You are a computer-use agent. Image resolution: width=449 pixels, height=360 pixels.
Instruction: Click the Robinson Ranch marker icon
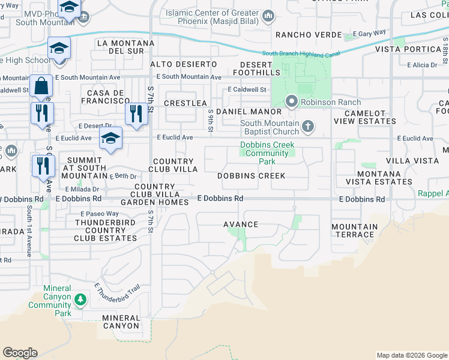click(x=292, y=101)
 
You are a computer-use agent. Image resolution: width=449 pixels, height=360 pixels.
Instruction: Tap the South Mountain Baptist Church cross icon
click(x=308, y=126)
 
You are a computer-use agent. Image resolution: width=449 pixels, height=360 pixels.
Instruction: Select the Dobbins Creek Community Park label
click(x=265, y=153)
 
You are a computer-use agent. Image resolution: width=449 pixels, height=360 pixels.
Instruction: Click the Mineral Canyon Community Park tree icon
click(x=80, y=299)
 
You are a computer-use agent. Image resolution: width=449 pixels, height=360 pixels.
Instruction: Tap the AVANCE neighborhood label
click(x=241, y=224)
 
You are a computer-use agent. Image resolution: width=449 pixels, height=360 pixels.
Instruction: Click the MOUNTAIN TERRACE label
click(x=355, y=230)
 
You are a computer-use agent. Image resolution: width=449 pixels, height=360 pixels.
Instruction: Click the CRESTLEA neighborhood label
click(x=185, y=103)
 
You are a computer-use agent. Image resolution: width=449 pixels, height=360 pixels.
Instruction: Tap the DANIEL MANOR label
click(x=249, y=112)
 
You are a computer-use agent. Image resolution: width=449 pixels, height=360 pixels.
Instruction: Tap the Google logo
click(x=20, y=353)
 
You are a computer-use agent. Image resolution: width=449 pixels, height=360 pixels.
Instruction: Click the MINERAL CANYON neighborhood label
click(x=121, y=322)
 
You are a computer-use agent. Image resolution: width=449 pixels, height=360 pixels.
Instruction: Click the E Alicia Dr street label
click(x=421, y=65)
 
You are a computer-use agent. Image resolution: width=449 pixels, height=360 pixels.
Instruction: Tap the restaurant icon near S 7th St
click(x=136, y=113)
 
